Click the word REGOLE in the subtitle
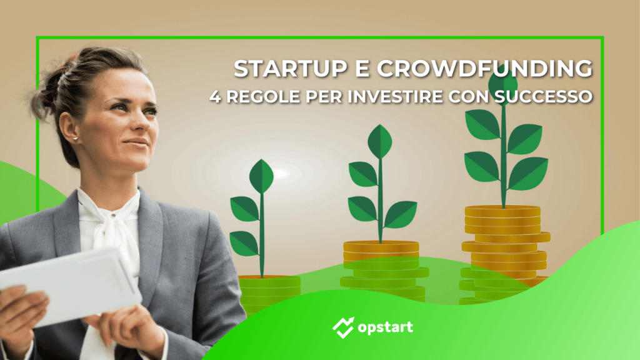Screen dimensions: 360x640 pyautogui.click(x=256, y=98)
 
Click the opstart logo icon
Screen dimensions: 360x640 pyautogui.click(x=342, y=326)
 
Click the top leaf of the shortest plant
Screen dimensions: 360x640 pyautogui.click(x=261, y=176)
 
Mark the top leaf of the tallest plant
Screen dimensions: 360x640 pyautogui.click(x=503, y=81)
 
